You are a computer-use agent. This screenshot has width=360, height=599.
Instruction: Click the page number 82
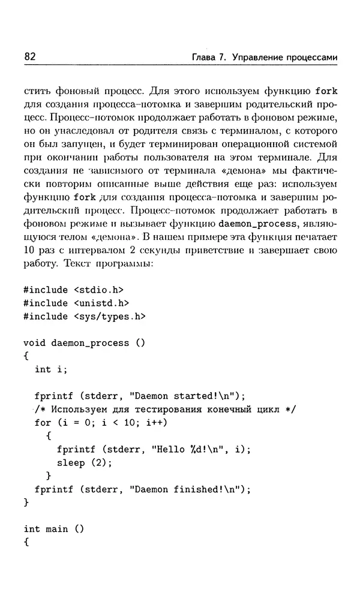pos(30,57)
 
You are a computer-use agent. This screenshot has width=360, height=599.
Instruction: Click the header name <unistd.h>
pos(102,303)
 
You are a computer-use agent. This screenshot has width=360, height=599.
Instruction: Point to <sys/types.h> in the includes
pos(110,316)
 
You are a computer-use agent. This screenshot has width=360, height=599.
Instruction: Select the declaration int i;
pos(52,369)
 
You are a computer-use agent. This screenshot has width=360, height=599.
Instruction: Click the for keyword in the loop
pos(43,423)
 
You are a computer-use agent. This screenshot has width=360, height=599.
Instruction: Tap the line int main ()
pos(54,529)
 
